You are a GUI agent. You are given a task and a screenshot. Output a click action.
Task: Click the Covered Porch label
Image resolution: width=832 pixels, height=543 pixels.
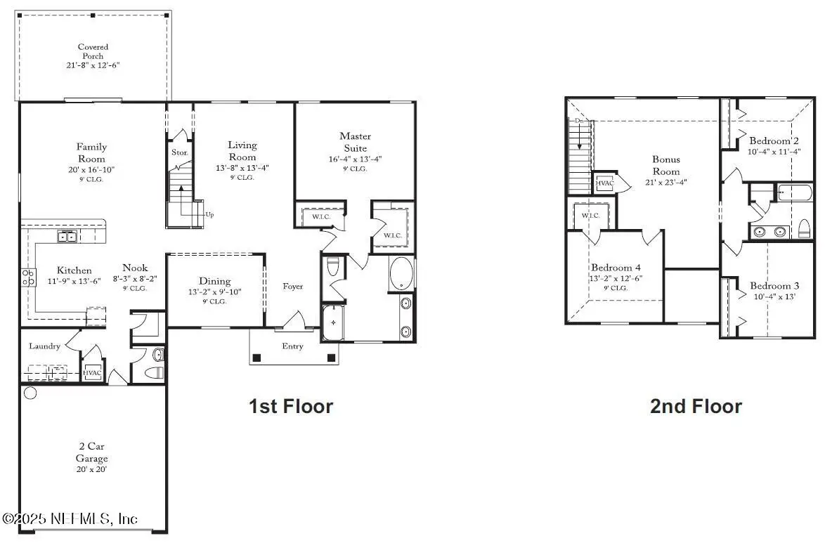pyautogui.click(x=93, y=51)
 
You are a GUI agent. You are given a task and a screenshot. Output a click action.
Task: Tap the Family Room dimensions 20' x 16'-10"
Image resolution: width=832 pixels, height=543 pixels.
pyautogui.click(x=91, y=169)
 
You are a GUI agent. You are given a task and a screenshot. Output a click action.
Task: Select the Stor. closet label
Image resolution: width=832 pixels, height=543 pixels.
pyautogui.click(x=179, y=152)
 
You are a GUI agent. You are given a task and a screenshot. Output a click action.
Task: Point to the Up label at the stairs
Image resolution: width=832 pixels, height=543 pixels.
pyautogui.click(x=209, y=214)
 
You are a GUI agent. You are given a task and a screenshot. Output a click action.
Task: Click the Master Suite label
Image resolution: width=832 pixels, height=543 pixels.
pyautogui.click(x=355, y=142)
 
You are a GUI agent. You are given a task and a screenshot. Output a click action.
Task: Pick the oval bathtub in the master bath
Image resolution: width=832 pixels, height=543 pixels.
pyautogui.click(x=401, y=274)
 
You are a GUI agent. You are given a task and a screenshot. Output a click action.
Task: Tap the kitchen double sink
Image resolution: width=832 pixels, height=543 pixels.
pyautogui.click(x=67, y=237)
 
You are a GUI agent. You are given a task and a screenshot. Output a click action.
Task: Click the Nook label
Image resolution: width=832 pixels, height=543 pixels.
pyautogui.click(x=135, y=268)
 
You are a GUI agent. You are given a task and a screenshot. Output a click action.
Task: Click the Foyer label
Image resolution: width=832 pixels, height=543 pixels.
pyautogui.click(x=293, y=287)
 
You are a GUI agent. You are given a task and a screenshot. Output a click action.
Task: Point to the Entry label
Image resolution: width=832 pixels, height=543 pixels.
pyautogui.click(x=293, y=346)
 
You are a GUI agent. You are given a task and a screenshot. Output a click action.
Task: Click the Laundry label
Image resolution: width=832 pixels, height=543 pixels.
pyautogui.click(x=44, y=346)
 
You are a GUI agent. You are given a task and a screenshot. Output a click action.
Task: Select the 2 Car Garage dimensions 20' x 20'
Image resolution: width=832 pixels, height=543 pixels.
pyautogui.click(x=92, y=469)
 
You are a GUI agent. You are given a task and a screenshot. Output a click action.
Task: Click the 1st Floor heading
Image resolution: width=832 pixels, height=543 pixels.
pyautogui.click(x=290, y=405)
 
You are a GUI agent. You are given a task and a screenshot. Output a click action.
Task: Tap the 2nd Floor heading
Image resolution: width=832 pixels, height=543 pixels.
pyautogui.click(x=696, y=406)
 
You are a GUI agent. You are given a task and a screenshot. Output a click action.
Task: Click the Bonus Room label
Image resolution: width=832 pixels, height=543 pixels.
pyautogui.click(x=665, y=165)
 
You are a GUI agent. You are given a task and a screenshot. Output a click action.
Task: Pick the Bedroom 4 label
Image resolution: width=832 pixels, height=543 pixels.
pyautogui.click(x=616, y=268)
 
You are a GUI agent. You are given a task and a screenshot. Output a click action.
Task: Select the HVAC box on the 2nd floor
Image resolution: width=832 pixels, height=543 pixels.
pyautogui.click(x=604, y=183)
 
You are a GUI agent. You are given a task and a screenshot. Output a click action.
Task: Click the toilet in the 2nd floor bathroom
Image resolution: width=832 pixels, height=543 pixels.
pyautogui.click(x=805, y=228)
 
